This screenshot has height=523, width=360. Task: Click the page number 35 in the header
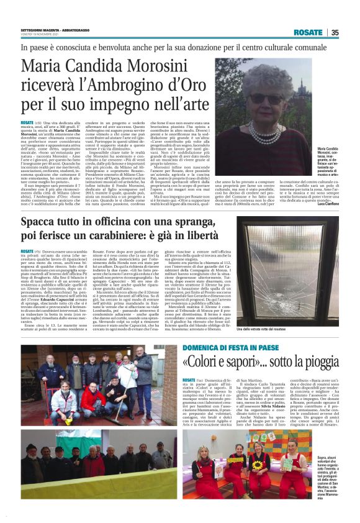pos(335,32)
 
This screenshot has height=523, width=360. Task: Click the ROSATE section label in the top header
pos(308,32)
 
